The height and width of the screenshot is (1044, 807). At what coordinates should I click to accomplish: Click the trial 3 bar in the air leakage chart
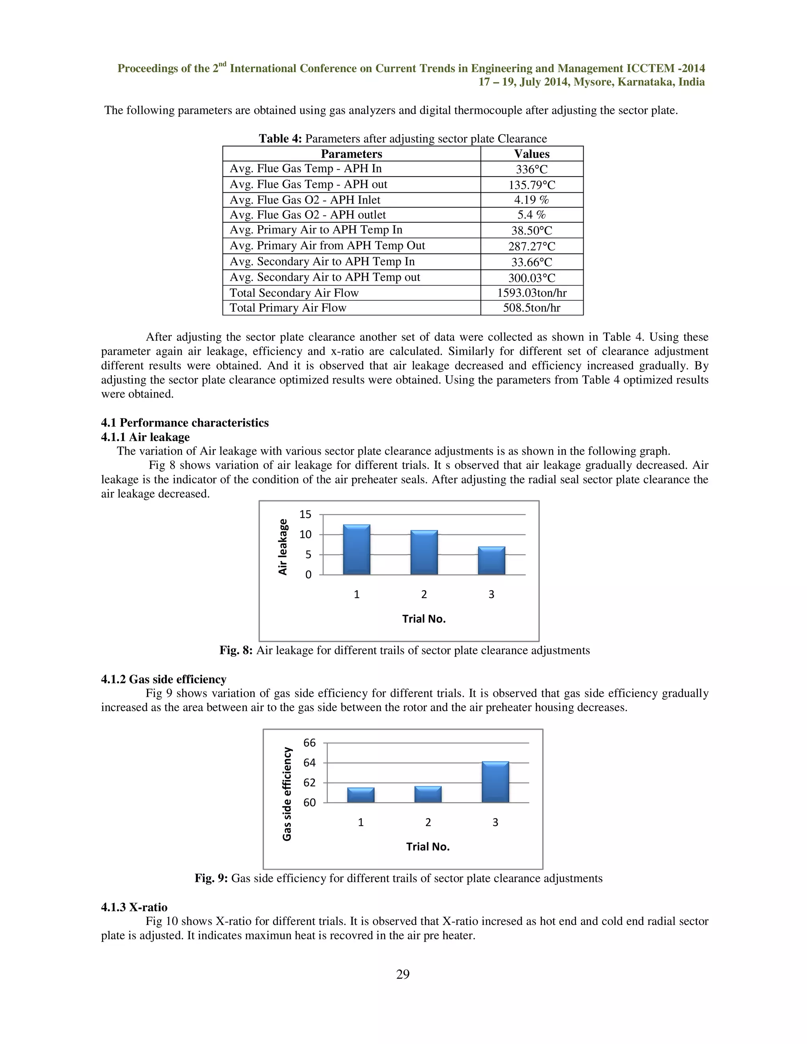[491, 560]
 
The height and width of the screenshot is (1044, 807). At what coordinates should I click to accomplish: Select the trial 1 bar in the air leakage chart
[357, 550]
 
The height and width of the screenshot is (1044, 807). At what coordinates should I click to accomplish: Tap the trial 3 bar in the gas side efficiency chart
[495, 782]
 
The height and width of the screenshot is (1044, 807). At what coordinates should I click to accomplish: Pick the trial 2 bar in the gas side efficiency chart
[428, 795]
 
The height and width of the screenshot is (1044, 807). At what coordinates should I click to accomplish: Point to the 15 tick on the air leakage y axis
[305, 515]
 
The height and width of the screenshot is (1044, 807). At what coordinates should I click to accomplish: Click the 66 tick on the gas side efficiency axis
[309, 743]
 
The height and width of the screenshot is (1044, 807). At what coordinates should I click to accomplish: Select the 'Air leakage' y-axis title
[283, 547]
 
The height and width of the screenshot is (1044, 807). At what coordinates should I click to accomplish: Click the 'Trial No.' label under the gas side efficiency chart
[428, 847]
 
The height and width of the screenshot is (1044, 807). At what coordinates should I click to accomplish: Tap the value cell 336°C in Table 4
[532, 169]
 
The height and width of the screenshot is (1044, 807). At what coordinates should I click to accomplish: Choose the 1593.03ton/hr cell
[532, 293]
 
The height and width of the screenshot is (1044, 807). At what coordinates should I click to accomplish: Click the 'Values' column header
[532, 154]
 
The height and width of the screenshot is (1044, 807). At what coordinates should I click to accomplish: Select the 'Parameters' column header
[351, 154]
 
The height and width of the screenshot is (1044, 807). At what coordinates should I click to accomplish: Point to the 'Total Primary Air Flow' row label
[288, 308]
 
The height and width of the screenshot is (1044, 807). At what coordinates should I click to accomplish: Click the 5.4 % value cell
[532, 215]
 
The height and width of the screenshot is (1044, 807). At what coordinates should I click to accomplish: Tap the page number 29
[403, 974]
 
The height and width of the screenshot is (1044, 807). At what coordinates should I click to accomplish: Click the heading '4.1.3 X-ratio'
[134, 907]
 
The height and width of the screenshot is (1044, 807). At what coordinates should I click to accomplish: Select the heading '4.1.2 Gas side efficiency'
[164, 679]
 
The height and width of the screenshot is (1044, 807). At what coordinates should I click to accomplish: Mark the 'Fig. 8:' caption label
[236, 650]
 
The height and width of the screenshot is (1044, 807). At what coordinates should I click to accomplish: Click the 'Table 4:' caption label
[280, 139]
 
